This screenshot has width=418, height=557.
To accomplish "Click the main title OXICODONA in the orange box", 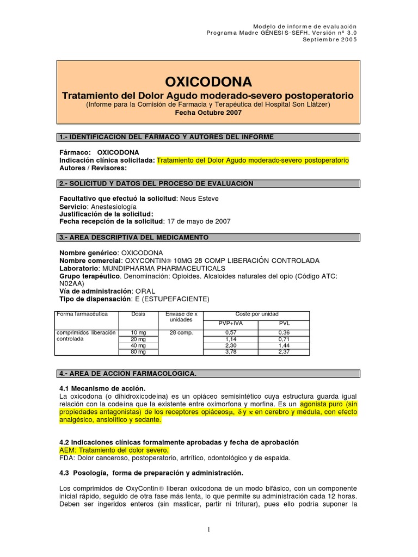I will pyautogui.click(x=208, y=82).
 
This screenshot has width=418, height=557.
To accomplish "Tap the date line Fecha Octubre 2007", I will pyautogui.click(x=208, y=113).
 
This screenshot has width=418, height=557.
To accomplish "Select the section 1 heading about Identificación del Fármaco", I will pyautogui.click(x=166, y=137).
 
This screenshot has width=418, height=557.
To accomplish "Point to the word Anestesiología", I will pyautogui.click(x=113, y=207).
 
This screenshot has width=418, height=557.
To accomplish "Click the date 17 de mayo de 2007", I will pyautogui.click(x=198, y=221).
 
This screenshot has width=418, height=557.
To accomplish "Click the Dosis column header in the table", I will pyautogui.click(x=138, y=314).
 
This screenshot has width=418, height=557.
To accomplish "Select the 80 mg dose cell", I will pyautogui.click(x=138, y=351).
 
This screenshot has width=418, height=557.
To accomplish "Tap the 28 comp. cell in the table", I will pyautogui.click(x=180, y=332).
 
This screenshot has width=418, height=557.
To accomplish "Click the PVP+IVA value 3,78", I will pyautogui.click(x=229, y=351).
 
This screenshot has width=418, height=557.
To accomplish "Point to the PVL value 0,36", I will pyautogui.click(x=284, y=332).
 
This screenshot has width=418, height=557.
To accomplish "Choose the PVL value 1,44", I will pyautogui.click(x=284, y=345).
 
